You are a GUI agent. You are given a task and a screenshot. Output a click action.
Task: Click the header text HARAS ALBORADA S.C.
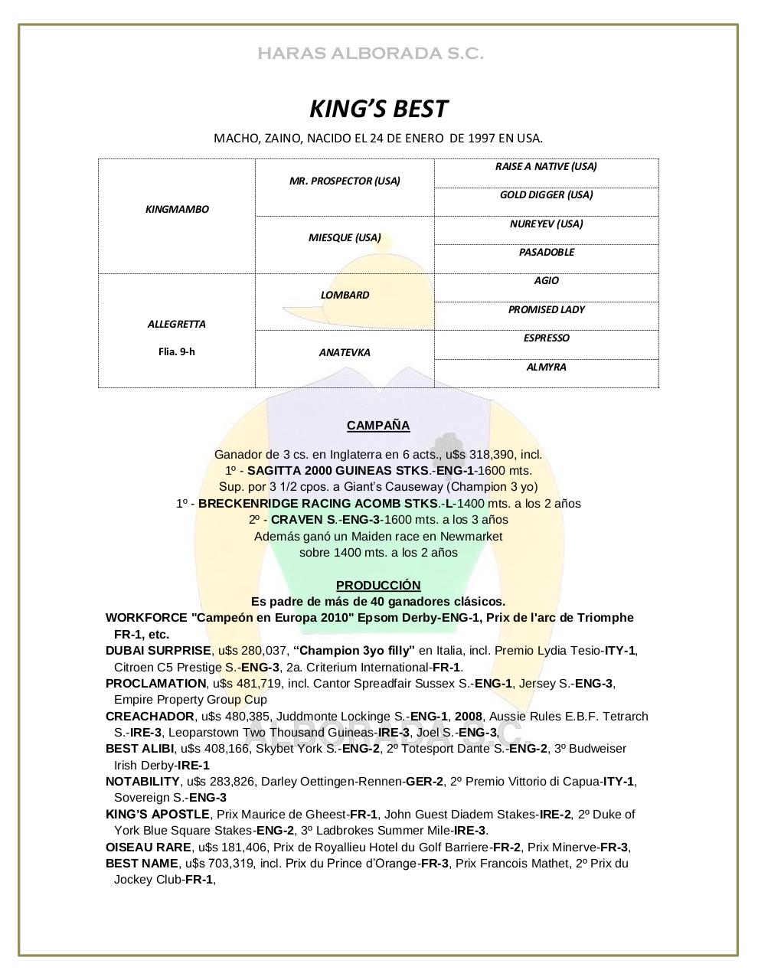(370, 54)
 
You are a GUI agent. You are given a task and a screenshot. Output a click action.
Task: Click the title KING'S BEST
(378, 109)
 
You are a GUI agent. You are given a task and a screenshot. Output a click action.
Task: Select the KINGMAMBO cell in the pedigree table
(177, 209)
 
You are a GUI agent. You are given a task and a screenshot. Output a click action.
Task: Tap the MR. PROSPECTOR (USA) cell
(345, 181)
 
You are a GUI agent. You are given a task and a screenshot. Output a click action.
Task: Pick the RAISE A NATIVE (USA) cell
(546, 166)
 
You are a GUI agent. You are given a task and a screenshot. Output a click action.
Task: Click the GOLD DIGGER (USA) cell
(546, 194)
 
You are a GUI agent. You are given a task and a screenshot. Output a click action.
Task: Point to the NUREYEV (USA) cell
(546, 224)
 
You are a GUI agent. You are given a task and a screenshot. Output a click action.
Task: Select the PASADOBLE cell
(546, 252)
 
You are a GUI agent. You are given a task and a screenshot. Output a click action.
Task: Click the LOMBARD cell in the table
(345, 295)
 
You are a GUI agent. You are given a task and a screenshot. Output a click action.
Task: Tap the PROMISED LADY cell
(546, 309)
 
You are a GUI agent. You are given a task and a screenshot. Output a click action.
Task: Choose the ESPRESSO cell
(546, 338)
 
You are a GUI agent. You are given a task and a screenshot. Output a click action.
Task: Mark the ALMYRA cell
(546, 367)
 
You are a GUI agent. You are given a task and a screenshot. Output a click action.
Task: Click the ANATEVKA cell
(345, 352)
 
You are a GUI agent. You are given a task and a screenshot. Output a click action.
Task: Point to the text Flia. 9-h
(177, 352)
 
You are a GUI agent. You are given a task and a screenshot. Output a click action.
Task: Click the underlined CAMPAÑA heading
(378, 426)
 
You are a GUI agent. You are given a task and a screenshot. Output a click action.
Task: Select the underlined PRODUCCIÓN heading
(378, 585)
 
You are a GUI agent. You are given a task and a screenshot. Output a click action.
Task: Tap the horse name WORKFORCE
(146, 618)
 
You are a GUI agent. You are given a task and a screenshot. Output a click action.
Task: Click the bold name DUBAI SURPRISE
(158, 651)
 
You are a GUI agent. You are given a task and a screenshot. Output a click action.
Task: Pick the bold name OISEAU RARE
(149, 847)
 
